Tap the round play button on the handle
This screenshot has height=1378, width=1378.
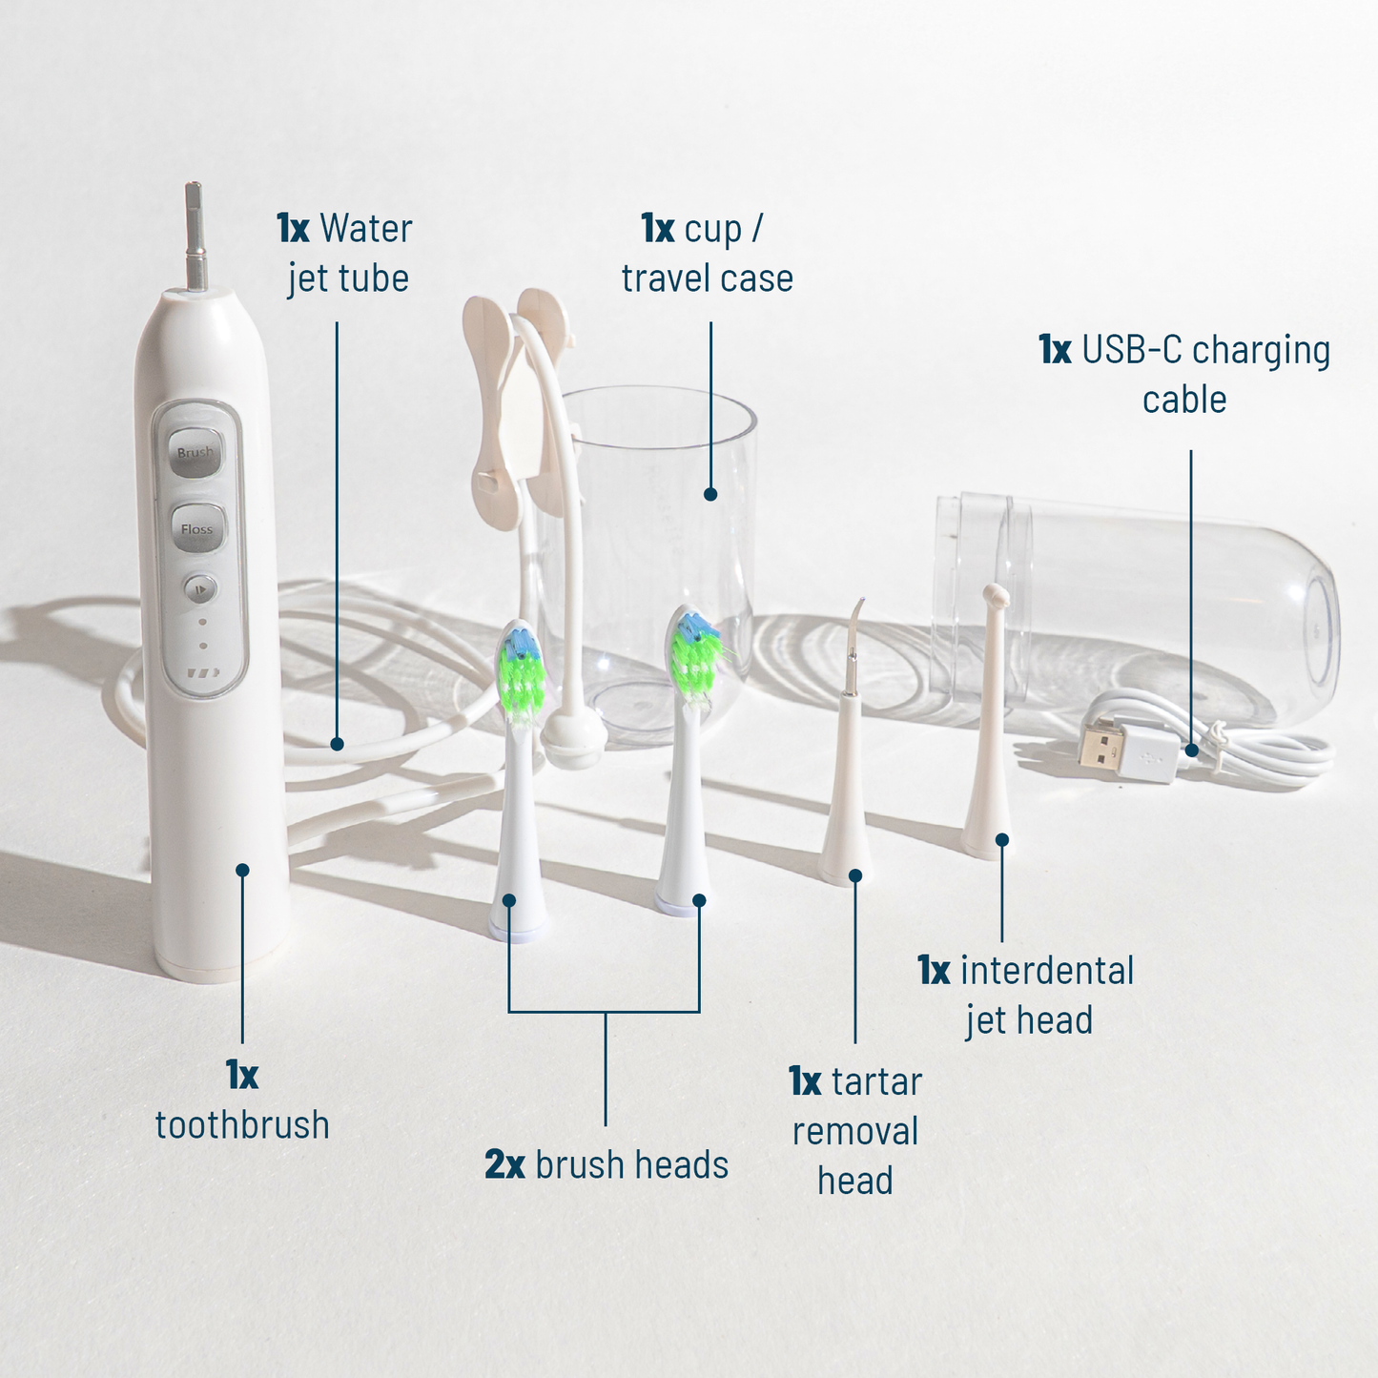200,589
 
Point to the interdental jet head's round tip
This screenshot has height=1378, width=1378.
995,597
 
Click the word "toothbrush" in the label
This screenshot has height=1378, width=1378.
242,1125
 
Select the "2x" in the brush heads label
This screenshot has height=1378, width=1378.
504,1165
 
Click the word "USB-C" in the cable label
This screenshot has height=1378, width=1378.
1132,351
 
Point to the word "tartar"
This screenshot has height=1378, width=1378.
876,1082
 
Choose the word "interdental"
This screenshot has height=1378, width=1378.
1047,971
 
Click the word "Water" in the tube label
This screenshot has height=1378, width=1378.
366,229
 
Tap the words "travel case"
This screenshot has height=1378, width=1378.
707,278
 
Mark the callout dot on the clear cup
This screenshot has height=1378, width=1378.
710,494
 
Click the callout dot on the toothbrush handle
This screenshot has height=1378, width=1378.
242,870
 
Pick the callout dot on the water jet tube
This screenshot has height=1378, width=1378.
337,744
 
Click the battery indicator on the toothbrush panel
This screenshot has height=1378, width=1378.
202,673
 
